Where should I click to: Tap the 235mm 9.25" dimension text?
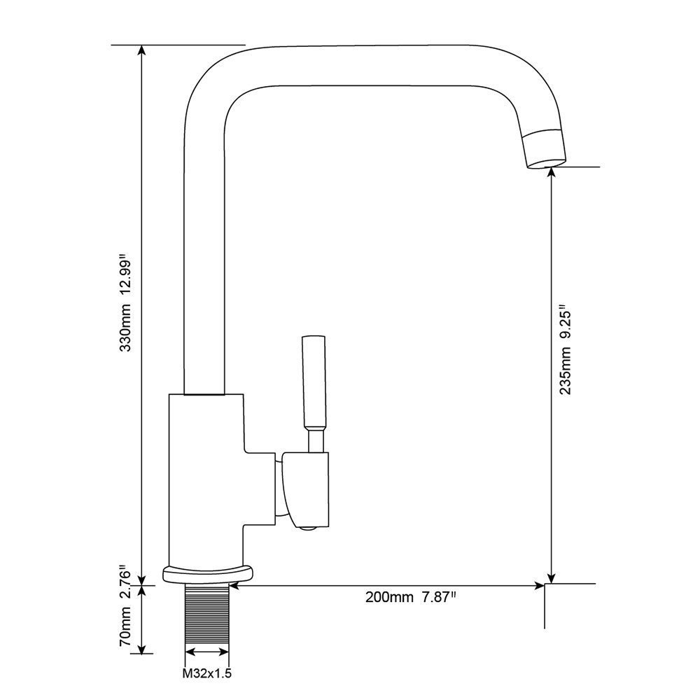565,349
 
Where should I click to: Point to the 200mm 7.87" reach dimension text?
411,597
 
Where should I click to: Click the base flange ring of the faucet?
208,575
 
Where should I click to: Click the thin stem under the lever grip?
315,440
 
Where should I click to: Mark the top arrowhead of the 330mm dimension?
142,50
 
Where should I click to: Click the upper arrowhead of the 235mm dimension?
552,173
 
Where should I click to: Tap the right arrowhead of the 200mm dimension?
539,586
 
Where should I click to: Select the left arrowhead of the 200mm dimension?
235,586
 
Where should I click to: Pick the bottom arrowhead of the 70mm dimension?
142,648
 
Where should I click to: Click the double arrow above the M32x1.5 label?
207,652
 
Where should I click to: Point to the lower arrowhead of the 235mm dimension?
552,578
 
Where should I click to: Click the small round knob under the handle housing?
307,528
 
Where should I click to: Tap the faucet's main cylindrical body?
206,480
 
